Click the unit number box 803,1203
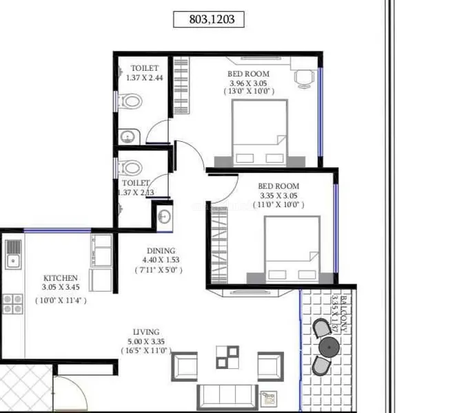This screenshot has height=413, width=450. [209, 19]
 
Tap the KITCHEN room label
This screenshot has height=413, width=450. [61, 278]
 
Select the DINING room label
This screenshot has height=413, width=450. [161, 251]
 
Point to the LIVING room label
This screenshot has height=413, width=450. [146, 332]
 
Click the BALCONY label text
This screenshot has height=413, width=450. [344, 314]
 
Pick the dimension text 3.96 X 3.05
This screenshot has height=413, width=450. [248, 83]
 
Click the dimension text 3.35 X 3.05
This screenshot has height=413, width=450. [278, 195]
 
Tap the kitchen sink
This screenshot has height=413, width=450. [13, 255]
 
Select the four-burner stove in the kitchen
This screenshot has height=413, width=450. [12, 304]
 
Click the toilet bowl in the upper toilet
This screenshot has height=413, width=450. [130, 101]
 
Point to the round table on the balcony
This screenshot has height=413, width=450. [329, 347]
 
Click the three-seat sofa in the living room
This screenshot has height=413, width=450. [227, 396]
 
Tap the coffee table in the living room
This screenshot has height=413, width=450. [227, 357]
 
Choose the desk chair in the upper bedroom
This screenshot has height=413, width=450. [304, 79]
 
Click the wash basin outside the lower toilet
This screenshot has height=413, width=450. [165, 217]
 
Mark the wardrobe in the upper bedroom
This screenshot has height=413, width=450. [181, 85]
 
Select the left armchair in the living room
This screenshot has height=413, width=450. [184, 367]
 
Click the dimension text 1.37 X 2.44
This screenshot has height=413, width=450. [144, 78]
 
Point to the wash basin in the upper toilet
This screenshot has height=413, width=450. [128, 137]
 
